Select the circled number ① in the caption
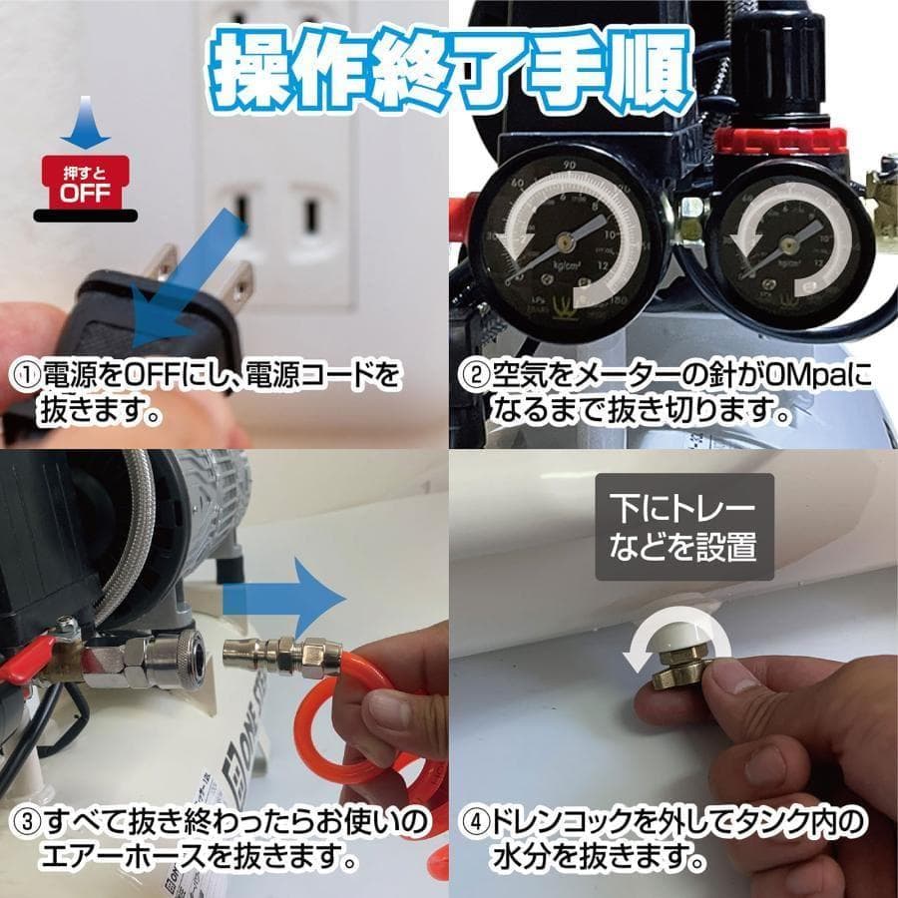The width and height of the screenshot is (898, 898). (25, 378)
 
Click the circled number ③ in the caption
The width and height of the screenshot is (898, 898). (25, 824)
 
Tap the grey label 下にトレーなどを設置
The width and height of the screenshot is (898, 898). (683, 528)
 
